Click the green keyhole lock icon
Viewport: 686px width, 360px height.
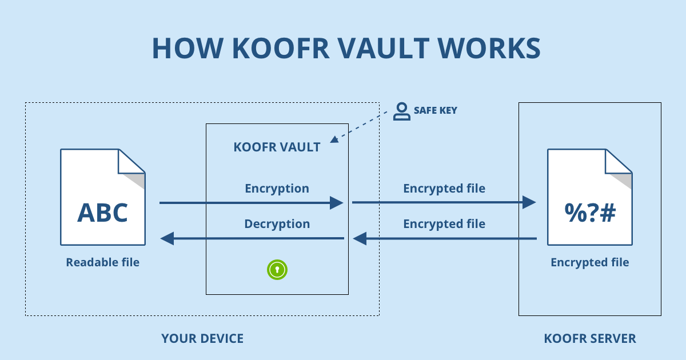277,269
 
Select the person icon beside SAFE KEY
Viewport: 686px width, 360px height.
402,111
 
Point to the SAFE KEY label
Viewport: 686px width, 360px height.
435,110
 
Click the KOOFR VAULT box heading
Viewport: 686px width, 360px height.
277,147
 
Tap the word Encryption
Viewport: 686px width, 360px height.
277,189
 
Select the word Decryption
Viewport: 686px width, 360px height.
277,224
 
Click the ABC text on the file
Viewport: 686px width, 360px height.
102,213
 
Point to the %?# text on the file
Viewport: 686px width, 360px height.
590,213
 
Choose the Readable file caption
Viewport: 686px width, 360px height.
102,262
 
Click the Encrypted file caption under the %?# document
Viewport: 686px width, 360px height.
589,262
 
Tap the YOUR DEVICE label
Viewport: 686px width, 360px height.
202,338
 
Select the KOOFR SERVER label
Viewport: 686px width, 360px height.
590,338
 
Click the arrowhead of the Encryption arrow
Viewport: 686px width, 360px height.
337,202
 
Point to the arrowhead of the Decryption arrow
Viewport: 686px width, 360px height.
167,238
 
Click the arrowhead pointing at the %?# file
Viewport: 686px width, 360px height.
529,202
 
